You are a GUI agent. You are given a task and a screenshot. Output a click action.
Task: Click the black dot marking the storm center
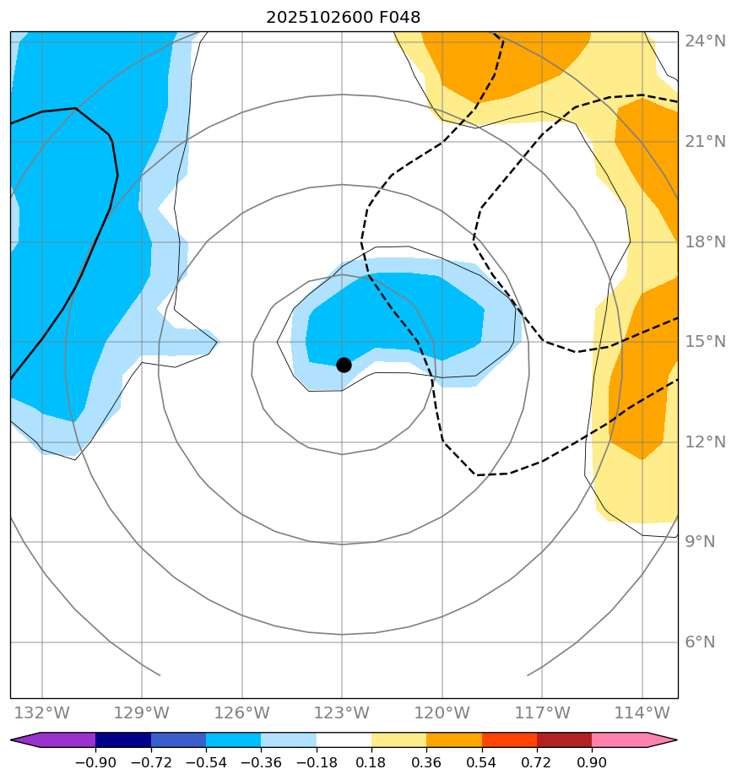tap(344, 365)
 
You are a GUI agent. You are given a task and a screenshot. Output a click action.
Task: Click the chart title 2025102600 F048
tap(343, 17)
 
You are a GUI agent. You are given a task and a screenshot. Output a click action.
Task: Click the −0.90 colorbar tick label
tap(95, 763)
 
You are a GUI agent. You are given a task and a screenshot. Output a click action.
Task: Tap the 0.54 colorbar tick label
tap(481, 763)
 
